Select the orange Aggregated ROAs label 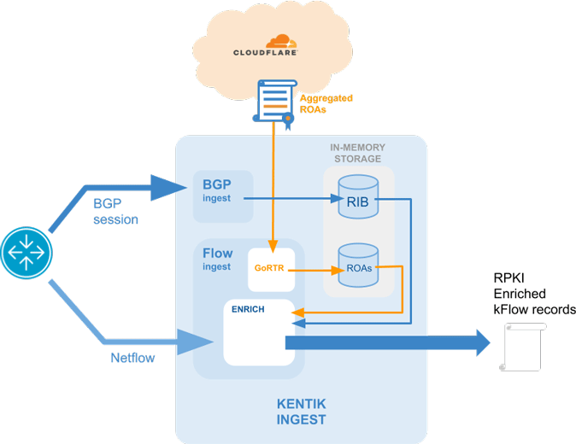point(326,103)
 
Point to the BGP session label point(115,213)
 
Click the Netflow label point(132,358)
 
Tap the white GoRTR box point(271,268)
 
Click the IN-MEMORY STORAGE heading point(356,153)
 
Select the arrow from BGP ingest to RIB point(291,199)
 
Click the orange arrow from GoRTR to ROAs point(313,270)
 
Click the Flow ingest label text point(217,259)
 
